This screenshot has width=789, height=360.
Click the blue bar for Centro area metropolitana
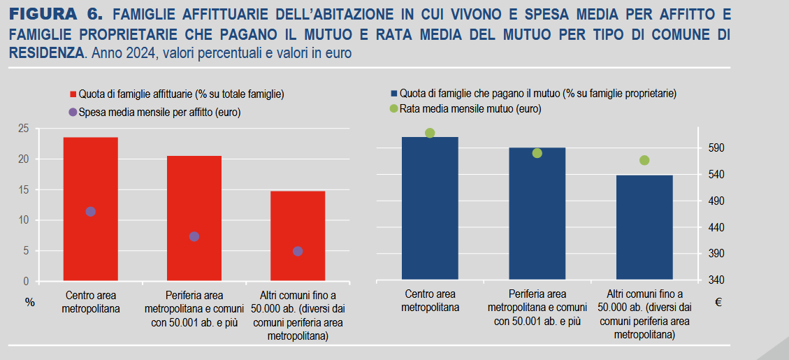coord(430,210)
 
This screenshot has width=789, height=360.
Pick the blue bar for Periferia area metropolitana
coord(537,217)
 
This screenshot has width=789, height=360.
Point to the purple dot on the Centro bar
coord(90,212)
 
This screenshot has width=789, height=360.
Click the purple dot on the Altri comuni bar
coord(298,251)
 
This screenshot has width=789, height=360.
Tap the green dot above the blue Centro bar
coord(430,133)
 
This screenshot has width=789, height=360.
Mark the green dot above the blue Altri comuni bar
coord(644,160)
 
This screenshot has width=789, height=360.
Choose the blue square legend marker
coord(394,92)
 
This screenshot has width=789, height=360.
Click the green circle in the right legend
coord(394,108)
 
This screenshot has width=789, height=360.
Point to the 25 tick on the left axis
coord(24,129)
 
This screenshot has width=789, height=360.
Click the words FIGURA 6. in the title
coord(57,14)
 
